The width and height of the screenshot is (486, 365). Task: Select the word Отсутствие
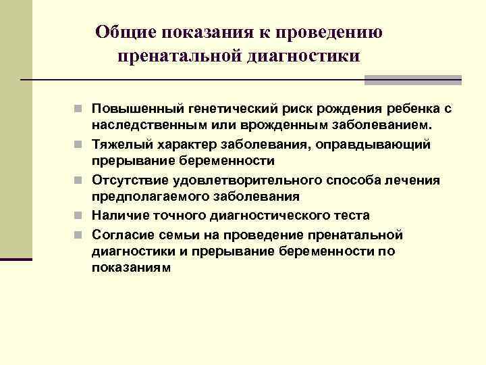(128, 180)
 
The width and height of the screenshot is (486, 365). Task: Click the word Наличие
(117, 216)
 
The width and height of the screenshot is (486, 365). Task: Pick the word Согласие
(121, 234)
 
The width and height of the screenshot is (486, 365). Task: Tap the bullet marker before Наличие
(80, 216)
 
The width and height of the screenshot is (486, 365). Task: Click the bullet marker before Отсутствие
(80, 180)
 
